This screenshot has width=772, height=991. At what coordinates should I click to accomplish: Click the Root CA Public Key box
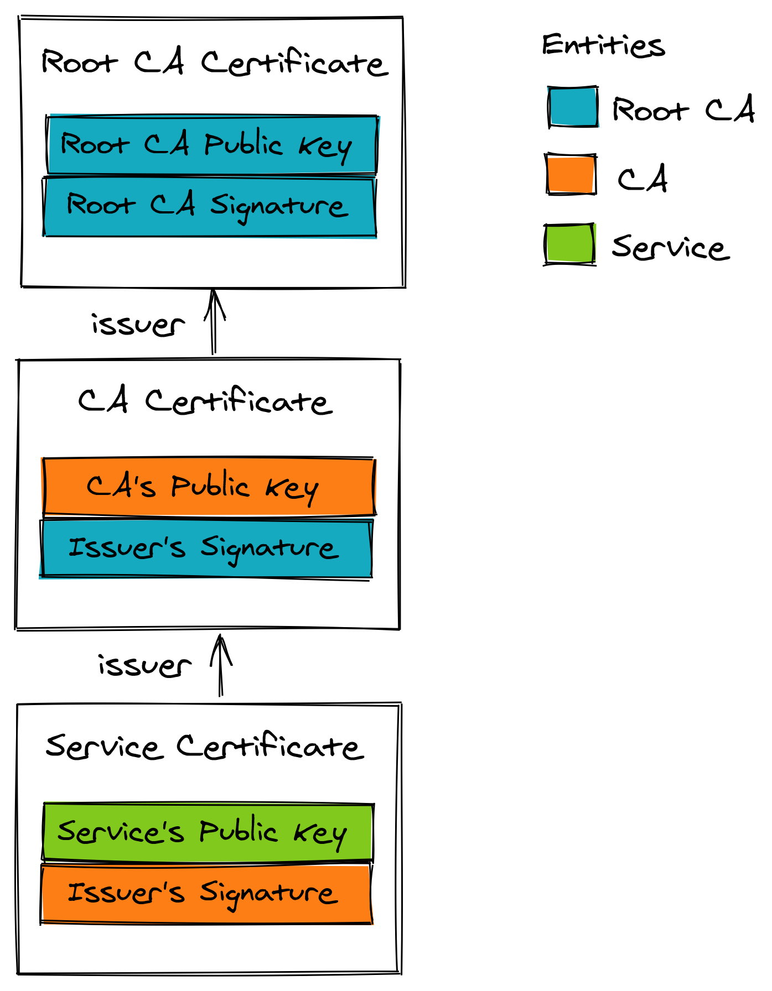click(x=212, y=145)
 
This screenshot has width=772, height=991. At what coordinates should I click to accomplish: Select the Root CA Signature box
click(x=210, y=206)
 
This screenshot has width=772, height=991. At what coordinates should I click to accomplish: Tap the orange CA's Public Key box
click(x=209, y=487)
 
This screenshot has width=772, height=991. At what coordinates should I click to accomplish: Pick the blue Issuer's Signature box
click(x=206, y=549)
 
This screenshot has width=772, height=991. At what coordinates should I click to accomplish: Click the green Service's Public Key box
click(x=208, y=832)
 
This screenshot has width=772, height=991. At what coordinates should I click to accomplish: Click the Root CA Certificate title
click(x=214, y=62)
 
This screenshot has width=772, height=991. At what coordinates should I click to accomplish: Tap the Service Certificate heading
click(x=205, y=746)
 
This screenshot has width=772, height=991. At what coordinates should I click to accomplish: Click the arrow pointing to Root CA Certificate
click(x=214, y=321)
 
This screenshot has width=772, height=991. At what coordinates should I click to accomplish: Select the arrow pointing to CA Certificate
click(x=221, y=665)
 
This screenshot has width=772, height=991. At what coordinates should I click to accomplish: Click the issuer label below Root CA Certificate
click(x=138, y=325)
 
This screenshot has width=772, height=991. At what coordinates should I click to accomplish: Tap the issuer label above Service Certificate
click(x=145, y=665)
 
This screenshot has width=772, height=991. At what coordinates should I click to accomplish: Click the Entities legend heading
click(x=603, y=45)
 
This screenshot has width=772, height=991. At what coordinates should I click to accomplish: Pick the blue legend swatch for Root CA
click(x=573, y=107)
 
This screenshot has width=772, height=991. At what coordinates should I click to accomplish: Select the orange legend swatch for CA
click(x=571, y=174)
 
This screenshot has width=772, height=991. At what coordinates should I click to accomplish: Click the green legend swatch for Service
click(x=570, y=244)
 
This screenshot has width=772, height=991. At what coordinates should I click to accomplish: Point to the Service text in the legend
click(x=670, y=247)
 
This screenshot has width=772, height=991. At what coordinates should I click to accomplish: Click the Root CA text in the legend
click(x=683, y=109)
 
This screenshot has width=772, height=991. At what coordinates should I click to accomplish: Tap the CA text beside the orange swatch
click(x=643, y=179)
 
